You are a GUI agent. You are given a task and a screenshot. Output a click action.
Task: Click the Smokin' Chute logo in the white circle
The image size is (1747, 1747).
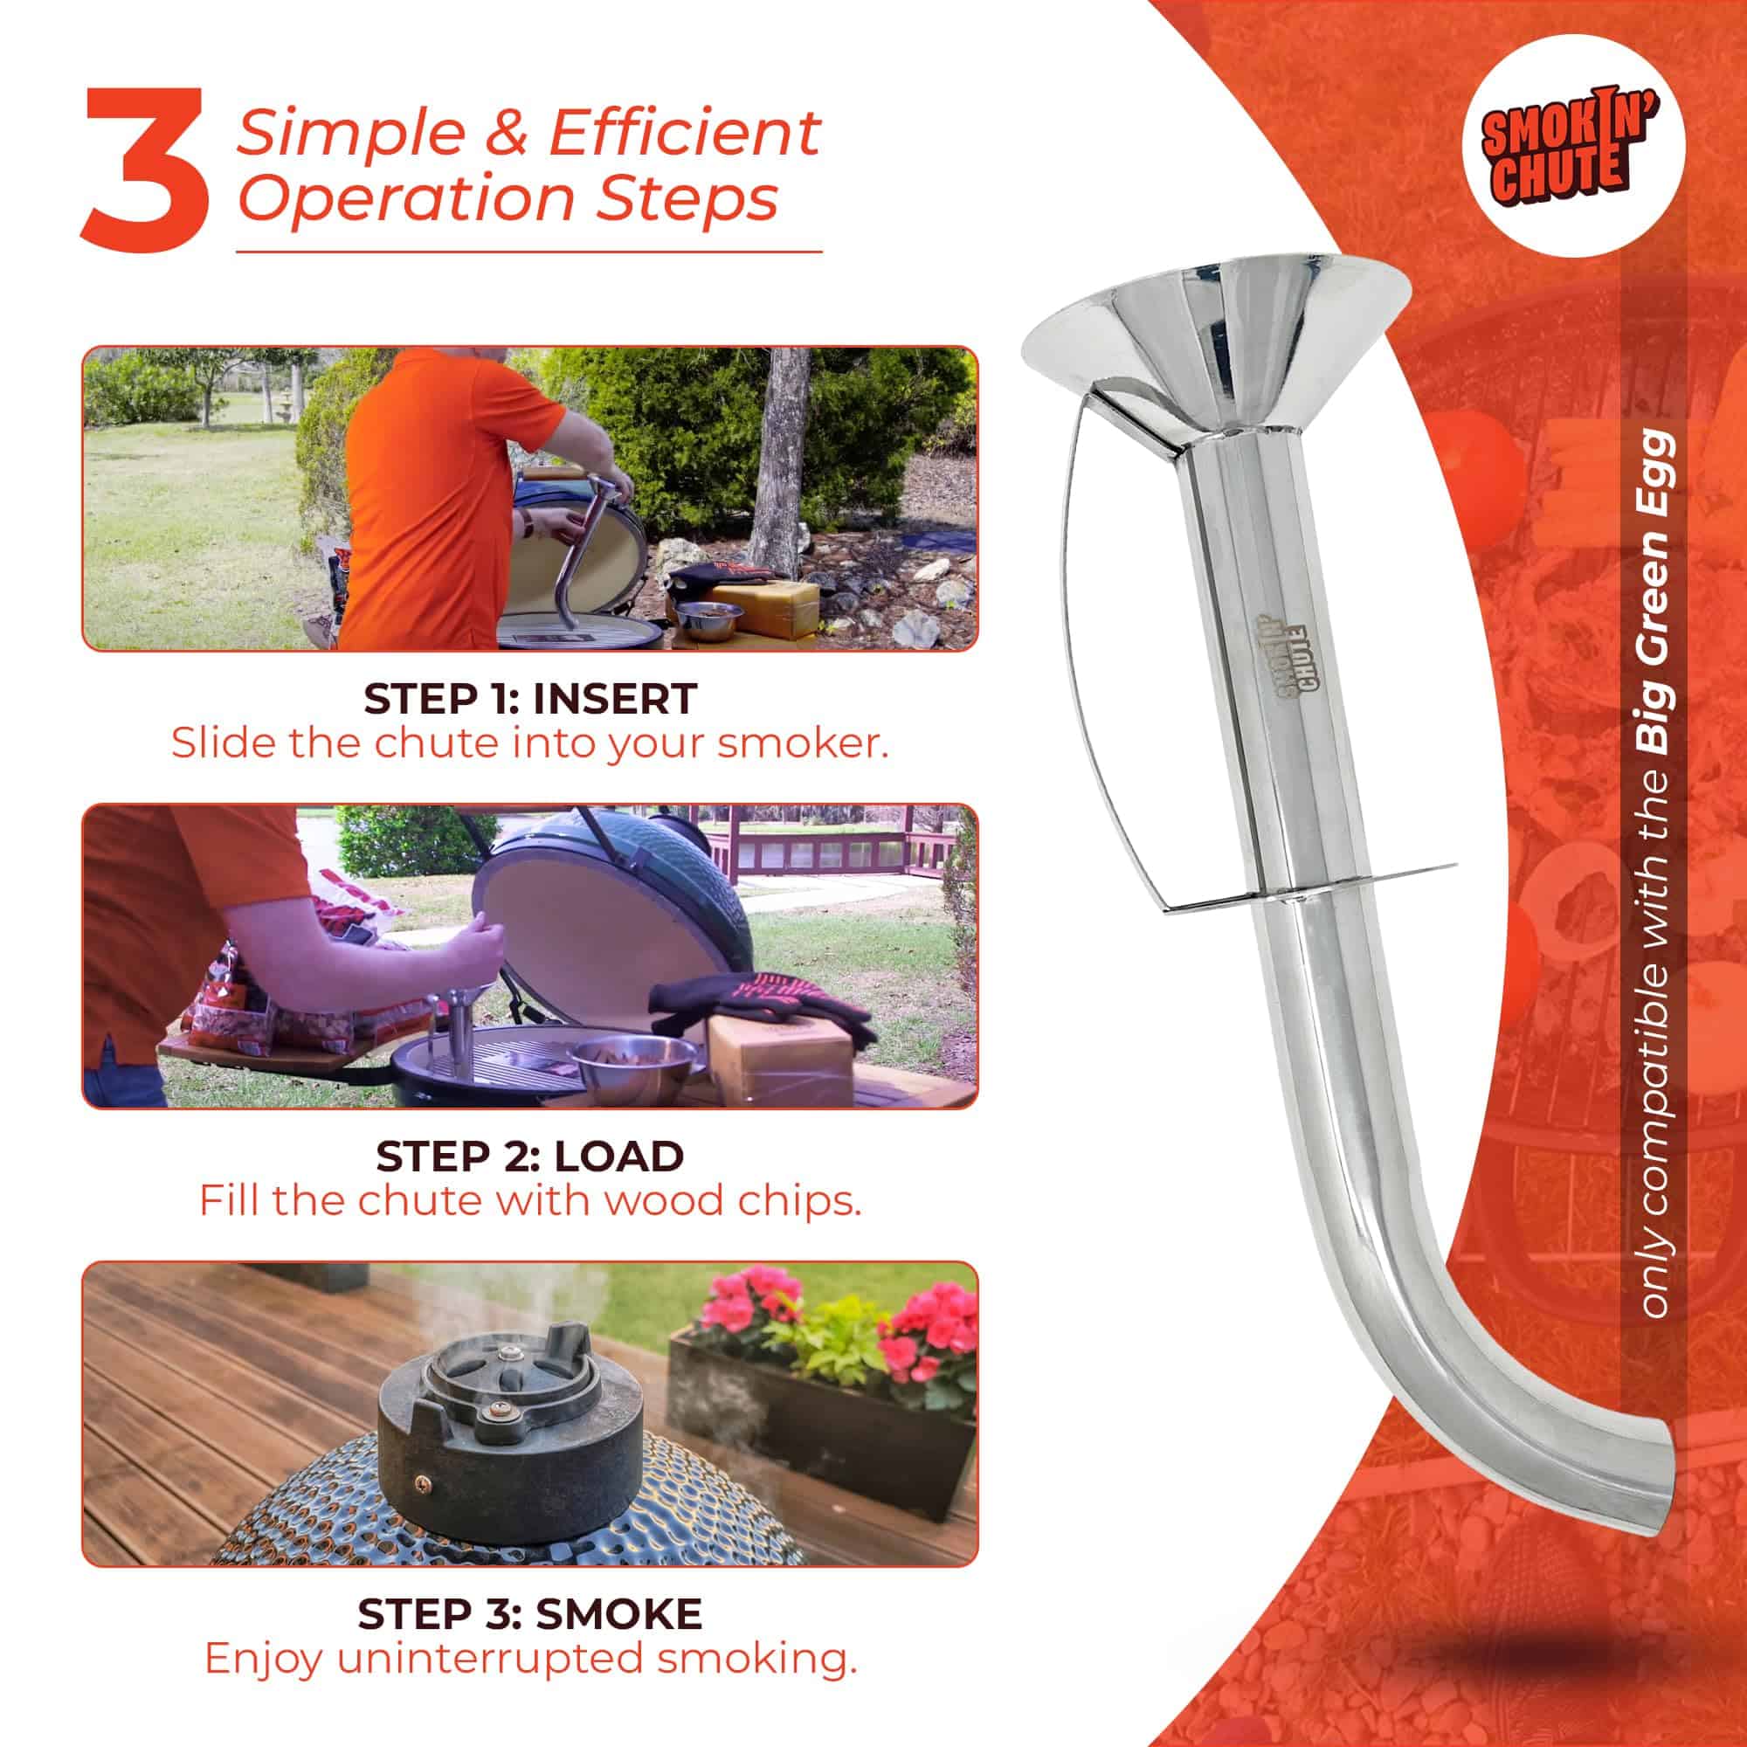click(1573, 147)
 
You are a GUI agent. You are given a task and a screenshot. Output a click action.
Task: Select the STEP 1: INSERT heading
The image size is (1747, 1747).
click(530, 698)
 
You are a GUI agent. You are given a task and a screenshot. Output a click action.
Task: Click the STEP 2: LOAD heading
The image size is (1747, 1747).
click(530, 1156)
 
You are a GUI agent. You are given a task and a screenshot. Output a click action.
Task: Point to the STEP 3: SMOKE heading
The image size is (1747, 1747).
click(530, 1614)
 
